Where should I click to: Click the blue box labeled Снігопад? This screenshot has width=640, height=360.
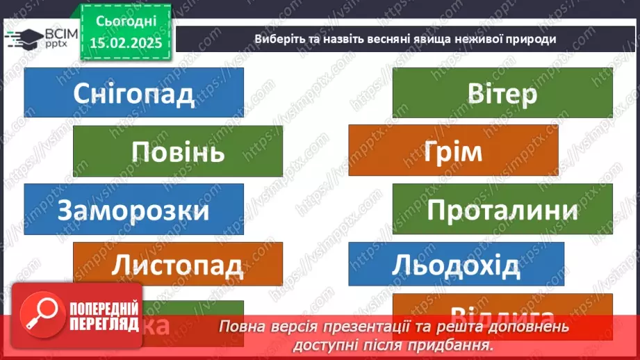point(133,92)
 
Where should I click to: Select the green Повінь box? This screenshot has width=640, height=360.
point(178,150)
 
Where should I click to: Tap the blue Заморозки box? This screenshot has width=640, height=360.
point(133,209)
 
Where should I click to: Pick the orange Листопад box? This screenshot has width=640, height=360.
point(178,264)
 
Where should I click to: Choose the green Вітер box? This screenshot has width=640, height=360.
point(502,92)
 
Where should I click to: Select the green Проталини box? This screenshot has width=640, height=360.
point(502,209)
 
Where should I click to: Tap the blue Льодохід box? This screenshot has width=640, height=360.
point(456,264)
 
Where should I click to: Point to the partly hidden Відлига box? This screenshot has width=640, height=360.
point(502,310)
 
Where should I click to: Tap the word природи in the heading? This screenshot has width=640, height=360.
point(531,39)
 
